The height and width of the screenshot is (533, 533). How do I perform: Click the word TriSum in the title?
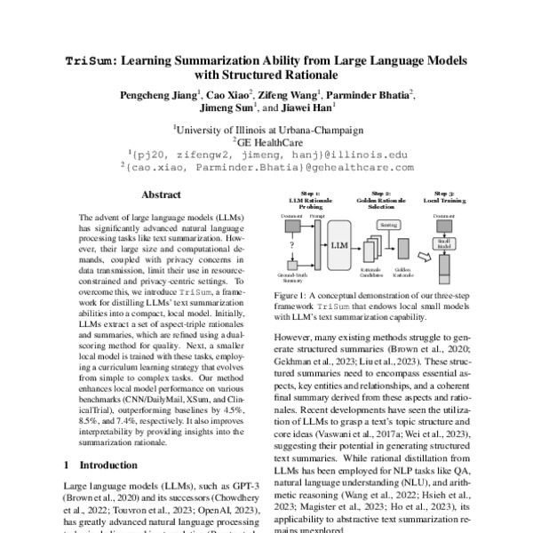(x=90, y=61)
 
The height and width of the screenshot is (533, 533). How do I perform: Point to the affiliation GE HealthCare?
(x=267, y=140)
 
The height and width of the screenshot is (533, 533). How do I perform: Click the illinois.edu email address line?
(x=267, y=153)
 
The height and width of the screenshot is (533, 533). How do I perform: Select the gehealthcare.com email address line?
(x=266, y=166)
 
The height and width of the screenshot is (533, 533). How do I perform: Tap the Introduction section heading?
(x=106, y=464)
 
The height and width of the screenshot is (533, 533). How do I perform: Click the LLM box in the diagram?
(x=339, y=243)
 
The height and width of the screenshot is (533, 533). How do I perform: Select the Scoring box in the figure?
(x=388, y=227)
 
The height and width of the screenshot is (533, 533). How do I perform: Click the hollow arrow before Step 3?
(x=424, y=258)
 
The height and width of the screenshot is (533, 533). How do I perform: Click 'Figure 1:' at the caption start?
(x=291, y=294)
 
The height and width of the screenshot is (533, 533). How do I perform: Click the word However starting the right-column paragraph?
(x=298, y=339)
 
